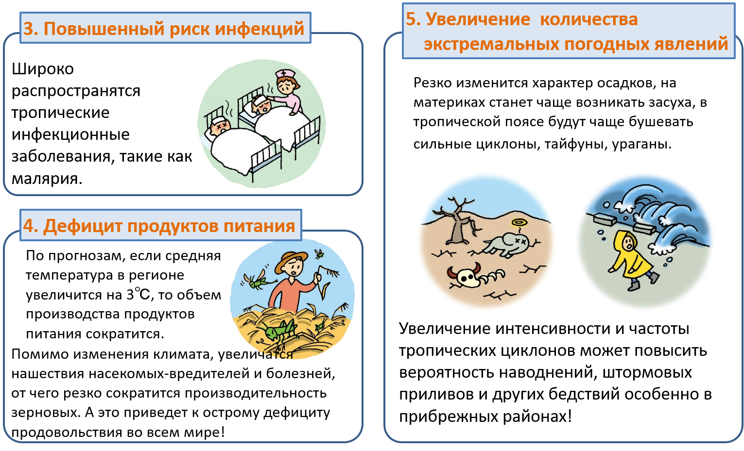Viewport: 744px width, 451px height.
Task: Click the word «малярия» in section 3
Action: (47, 179)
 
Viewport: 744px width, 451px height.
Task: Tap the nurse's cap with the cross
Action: (285, 74)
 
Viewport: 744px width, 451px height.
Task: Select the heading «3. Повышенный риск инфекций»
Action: (164, 29)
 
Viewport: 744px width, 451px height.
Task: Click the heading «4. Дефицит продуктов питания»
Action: (159, 226)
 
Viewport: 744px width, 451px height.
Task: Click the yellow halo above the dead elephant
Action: (519, 222)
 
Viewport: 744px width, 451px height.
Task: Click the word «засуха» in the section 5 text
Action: (670, 102)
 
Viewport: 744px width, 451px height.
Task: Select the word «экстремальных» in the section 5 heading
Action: (491, 44)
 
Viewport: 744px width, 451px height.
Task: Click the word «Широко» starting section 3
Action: (42, 69)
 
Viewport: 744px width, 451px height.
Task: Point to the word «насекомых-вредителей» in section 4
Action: (169, 374)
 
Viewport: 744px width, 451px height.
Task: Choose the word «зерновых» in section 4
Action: (46, 413)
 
